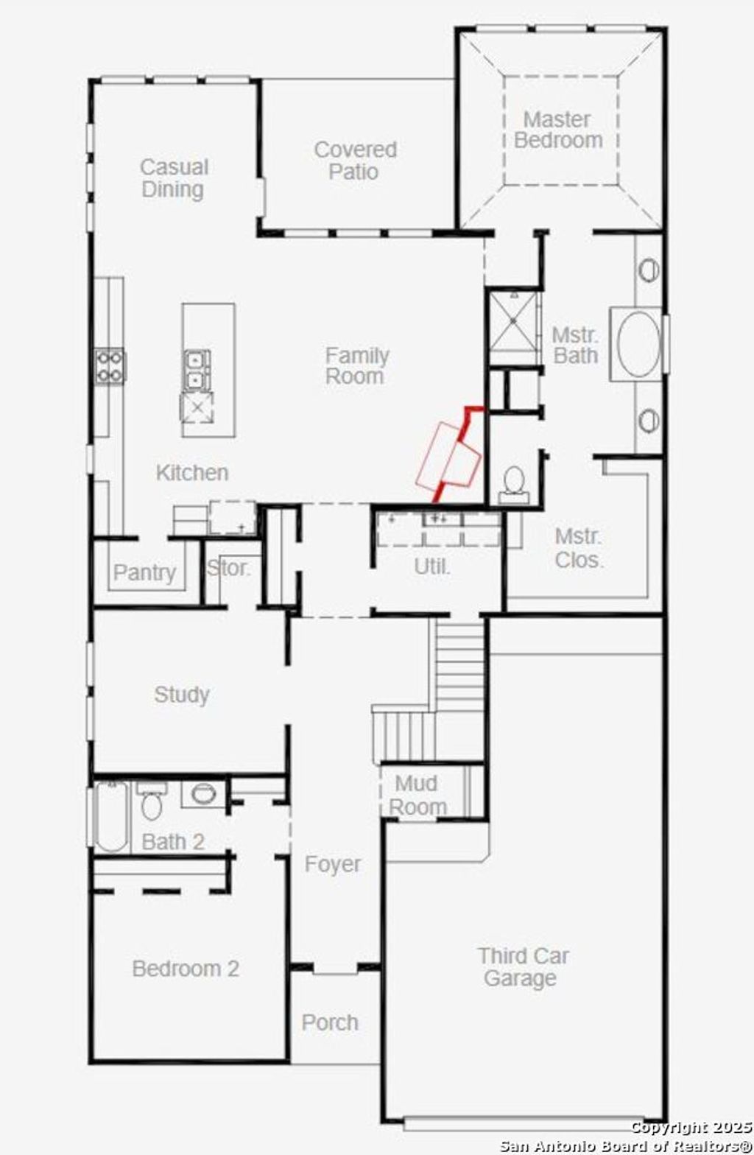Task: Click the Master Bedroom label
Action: tap(558, 130)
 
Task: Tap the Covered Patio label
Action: tap(355, 161)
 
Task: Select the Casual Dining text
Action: tap(174, 178)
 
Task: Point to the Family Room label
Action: tap(356, 366)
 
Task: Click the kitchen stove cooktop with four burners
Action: tap(110, 366)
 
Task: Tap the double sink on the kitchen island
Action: tap(197, 371)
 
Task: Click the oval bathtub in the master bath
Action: tap(638, 345)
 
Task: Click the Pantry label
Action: tap(145, 572)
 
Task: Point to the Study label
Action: tap(181, 695)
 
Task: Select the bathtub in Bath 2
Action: tap(111, 816)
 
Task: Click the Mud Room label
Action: tap(417, 795)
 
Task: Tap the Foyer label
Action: tap(333, 864)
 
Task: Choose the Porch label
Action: tap(330, 1022)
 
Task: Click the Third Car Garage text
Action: tap(522, 967)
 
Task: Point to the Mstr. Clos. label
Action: tap(579, 548)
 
